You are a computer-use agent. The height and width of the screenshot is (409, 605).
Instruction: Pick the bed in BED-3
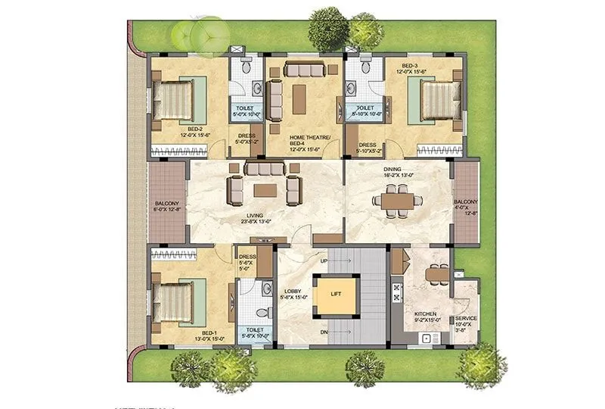click(x=436, y=101)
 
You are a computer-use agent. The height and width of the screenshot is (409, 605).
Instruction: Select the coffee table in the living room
click(x=264, y=187)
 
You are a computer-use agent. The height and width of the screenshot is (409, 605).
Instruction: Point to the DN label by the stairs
click(x=323, y=332)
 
